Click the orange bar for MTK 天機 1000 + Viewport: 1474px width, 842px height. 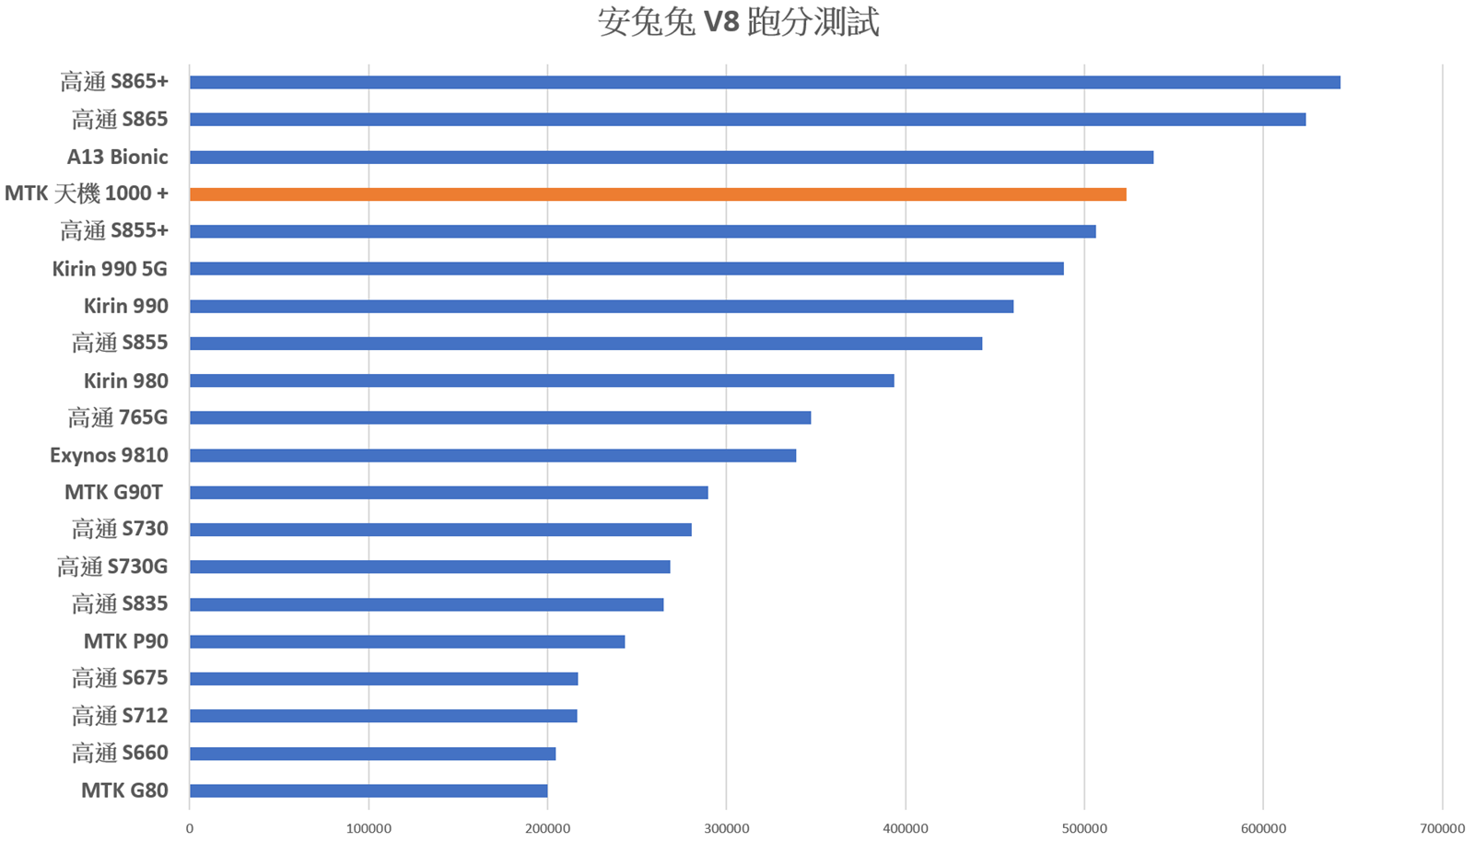(658, 194)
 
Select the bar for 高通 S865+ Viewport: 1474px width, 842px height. (765, 83)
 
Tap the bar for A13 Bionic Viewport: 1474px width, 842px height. (672, 158)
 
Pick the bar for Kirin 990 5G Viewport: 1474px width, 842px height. (626, 269)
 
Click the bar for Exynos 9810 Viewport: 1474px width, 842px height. (493, 455)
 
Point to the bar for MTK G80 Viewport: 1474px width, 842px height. (368, 790)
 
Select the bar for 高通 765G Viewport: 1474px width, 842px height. (500, 418)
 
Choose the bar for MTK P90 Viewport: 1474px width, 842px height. (407, 641)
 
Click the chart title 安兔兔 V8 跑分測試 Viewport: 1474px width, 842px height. (738, 22)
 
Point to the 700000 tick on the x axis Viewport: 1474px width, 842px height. (1443, 829)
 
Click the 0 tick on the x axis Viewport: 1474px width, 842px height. (190, 829)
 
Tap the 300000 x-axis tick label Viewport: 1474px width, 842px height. (726, 829)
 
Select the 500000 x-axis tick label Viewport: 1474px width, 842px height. (1084, 829)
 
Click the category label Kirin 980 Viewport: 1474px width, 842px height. (126, 380)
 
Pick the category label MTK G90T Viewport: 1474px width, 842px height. (113, 492)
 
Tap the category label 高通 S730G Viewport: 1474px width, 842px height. (112, 567)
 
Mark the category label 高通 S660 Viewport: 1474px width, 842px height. (120, 753)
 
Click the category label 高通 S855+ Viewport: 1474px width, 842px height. (114, 231)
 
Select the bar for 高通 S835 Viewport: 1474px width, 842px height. (427, 604)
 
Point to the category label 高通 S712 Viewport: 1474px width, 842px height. (120, 716)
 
